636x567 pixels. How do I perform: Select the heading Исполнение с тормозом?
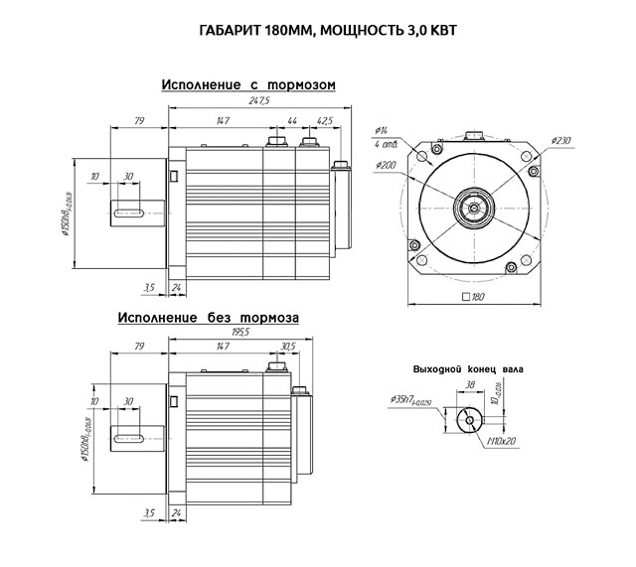point(248,85)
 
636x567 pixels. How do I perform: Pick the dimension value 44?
point(292,120)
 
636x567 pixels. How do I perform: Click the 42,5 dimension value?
point(323,120)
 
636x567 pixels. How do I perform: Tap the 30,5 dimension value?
point(289,347)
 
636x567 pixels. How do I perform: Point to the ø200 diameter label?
point(388,165)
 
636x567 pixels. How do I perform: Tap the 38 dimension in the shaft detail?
point(469,384)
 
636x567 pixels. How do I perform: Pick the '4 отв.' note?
point(385,145)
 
